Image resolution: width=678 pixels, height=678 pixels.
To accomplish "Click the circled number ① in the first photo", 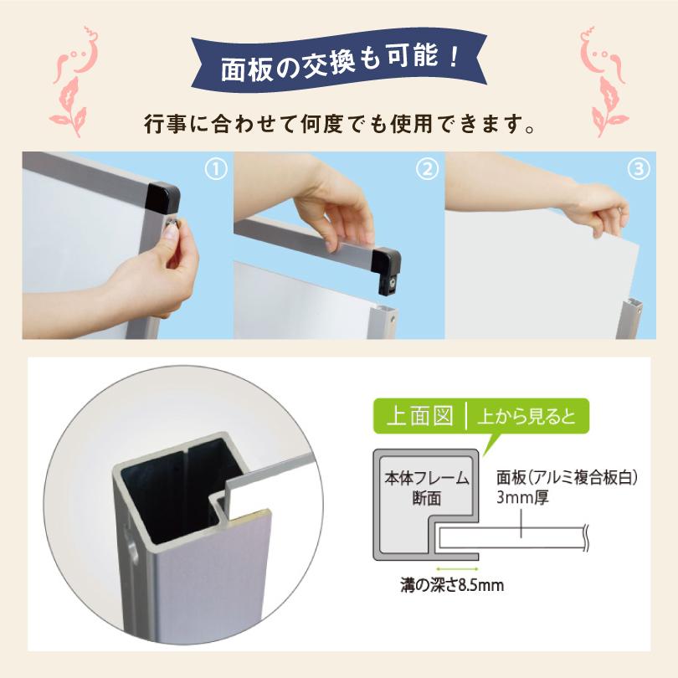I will tap(217, 170).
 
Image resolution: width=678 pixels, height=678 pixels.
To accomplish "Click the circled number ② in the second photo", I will tap(427, 170).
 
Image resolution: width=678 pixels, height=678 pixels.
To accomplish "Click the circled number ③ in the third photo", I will tap(638, 170).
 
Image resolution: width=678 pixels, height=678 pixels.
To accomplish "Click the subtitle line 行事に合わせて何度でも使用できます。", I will tap(339, 127).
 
